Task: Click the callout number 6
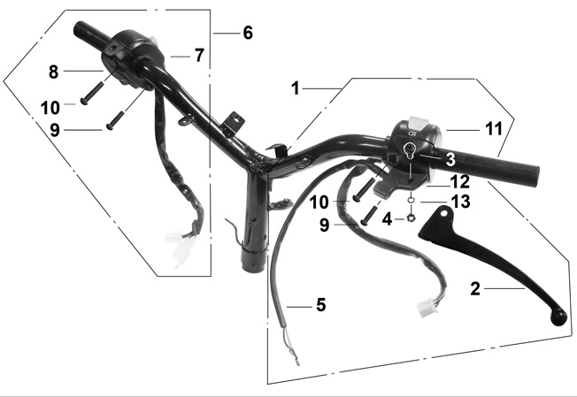pyautogui.click(x=248, y=33)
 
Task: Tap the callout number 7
pyautogui.click(x=199, y=56)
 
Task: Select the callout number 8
pyautogui.click(x=54, y=72)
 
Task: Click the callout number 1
pyautogui.click(x=296, y=88)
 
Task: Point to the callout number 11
pyautogui.click(x=494, y=129)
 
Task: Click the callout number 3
pyautogui.click(x=450, y=159)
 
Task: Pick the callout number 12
pyautogui.click(x=460, y=182)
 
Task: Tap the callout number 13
pyautogui.click(x=461, y=202)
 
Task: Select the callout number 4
pyautogui.click(x=387, y=220)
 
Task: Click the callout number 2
pyautogui.click(x=475, y=289)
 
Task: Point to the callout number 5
pyautogui.click(x=321, y=305)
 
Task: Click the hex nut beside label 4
pyautogui.click(x=411, y=218)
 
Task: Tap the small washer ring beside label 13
pyautogui.click(x=411, y=201)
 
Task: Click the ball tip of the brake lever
pyautogui.click(x=558, y=318)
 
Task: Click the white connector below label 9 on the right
pyautogui.click(x=427, y=307)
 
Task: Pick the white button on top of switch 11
pyautogui.click(x=418, y=122)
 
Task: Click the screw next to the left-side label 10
pyautogui.click(x=94, y=93)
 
